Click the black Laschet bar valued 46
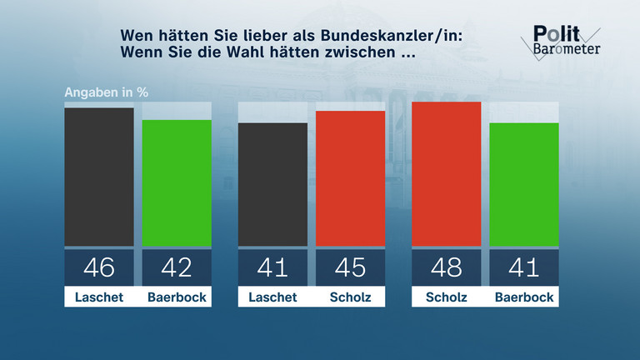point(99,177)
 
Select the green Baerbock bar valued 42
point(177,183)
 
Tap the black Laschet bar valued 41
point(272,185)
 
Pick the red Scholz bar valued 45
point(350,178)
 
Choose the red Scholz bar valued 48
point(447,174)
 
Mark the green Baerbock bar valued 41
point(524,185)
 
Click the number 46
point(99,267)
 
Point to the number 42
point(177,267)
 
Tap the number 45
point(350,267)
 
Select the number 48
point(447,267)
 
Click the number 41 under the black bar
point(272,267)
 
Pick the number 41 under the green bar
point(524,267)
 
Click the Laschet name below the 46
point(99,297)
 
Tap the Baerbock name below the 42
point(177,297)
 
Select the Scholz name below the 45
point(350,297)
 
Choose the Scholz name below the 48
point(447,297)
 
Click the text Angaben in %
point(107,92)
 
